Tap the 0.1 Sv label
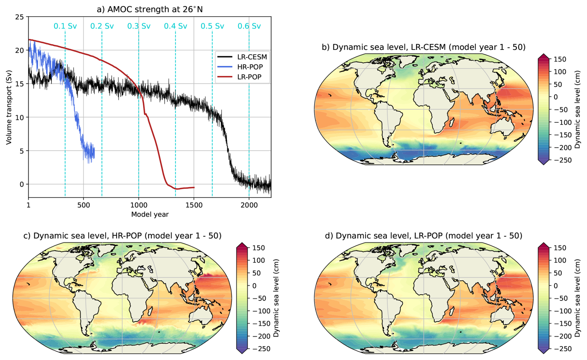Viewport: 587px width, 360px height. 65,26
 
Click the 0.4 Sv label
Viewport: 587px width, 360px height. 176,26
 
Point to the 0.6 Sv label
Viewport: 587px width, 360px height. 249,26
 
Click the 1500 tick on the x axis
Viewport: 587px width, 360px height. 194,205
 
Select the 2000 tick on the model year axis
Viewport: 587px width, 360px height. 249,205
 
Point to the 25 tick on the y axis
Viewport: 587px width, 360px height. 20,17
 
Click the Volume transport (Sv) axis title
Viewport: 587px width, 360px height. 9,107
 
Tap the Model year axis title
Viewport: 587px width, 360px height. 150,214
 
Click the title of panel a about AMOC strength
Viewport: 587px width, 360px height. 150,9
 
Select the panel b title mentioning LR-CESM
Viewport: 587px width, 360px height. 423,47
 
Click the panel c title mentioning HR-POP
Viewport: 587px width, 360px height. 122,236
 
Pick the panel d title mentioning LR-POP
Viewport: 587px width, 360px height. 423,236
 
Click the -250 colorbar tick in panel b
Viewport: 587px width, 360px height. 562,160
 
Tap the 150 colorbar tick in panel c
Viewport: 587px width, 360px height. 258,248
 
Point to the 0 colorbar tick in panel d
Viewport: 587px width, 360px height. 556,286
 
